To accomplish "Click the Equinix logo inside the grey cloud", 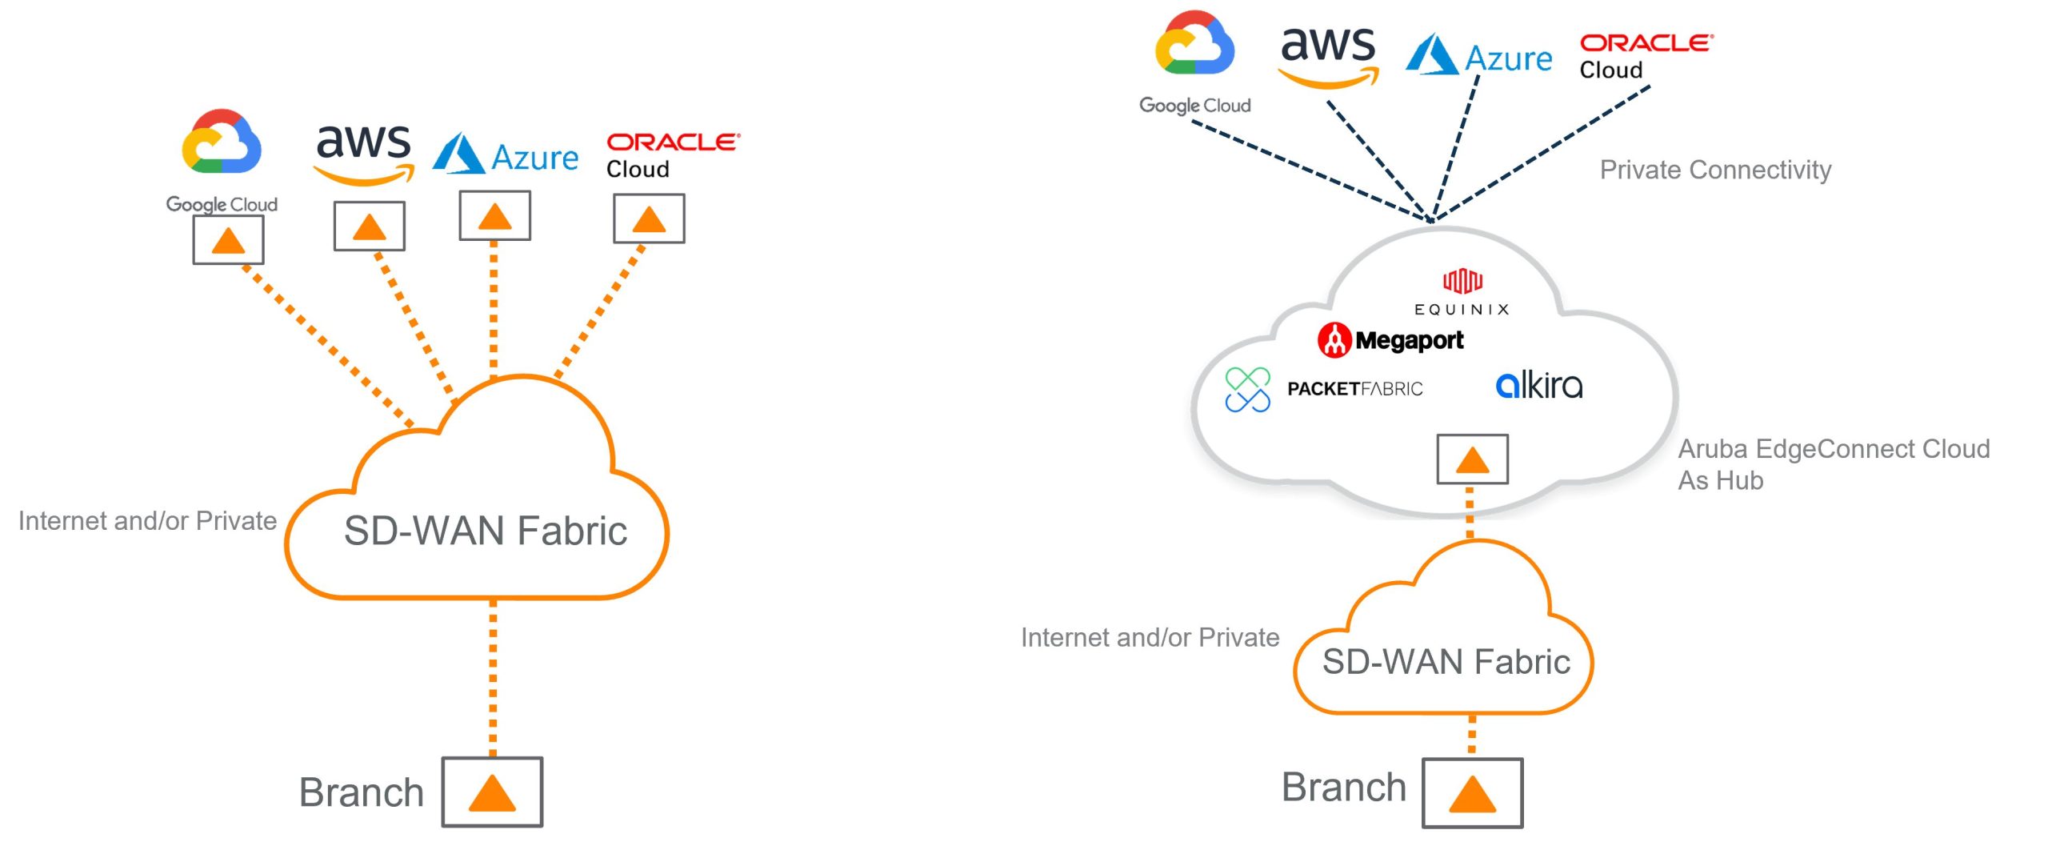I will [x=1462, y=293].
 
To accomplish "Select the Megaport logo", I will [x=1390, y=340].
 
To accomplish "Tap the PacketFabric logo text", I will [x=1354, y=389].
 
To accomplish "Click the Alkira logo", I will [x=1538, y=386].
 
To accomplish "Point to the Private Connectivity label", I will [x=1715, y=170].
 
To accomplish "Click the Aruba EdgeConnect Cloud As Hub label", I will [x=1833, y=464].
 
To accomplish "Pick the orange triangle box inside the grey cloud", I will [x=1472, y=459].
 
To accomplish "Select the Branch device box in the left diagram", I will [x=492, y=792].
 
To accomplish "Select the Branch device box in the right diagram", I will [x=1472, y=793].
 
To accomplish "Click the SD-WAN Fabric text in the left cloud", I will [x=485, y=531].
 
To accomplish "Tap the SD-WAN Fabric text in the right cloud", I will [x=1446, y=662].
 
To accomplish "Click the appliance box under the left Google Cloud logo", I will [x=228, y=240].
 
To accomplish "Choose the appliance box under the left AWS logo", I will [x=369, y=227].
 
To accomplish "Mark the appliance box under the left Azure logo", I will [x=494, y=215].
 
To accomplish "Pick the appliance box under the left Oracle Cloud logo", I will [x=649, y=219].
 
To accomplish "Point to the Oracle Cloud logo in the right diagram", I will [x=1646, y=56].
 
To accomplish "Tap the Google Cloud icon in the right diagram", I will [x=1194, y=44].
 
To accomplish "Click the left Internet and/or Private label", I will [x=147, y=521].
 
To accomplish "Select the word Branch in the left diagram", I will [x=361, y=792].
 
